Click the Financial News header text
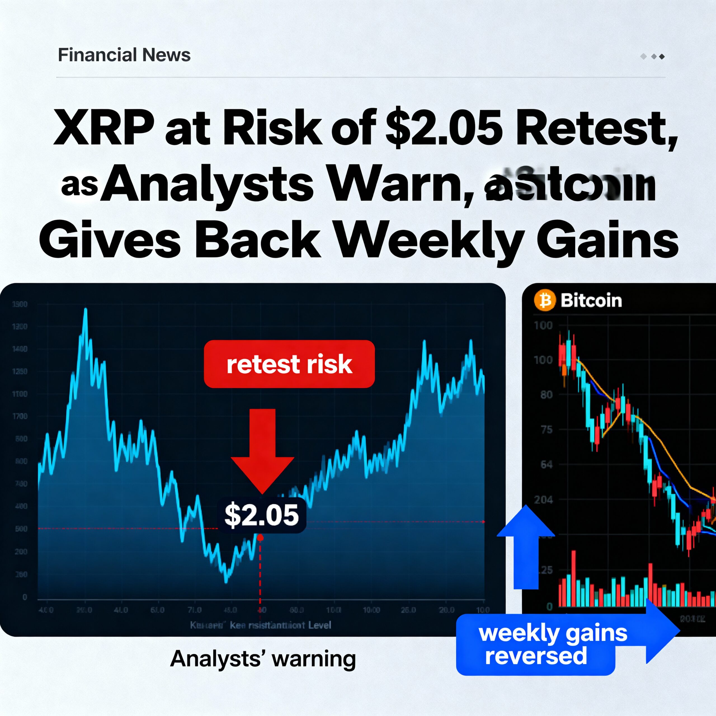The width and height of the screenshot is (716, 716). pyautogui.click(x=124, y=55)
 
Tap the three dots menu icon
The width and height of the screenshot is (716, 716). pyautogui.click(x=652, y=56)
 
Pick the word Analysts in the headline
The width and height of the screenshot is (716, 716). pyautogui.click(x=208, y=185)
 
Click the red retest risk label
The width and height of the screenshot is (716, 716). pyautogui.click(x=289, y=364)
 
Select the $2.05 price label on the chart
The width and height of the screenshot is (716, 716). pyautogui.click(x=262, y=515)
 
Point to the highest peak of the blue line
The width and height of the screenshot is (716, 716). pyautogui.click(x=86, y=309)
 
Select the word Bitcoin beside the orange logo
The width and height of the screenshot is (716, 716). pyautogui.click(x=591, y=300)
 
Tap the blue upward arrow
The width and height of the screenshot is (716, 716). pyautogui.click(x=526, y=545)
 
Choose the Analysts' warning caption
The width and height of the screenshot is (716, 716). pyautogui.click(x=263, y=659)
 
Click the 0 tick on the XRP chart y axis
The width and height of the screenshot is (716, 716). pyautogui.click(x=25, y=597)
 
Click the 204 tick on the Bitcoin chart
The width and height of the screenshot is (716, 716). pyautogui.click(x=543, y=500)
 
